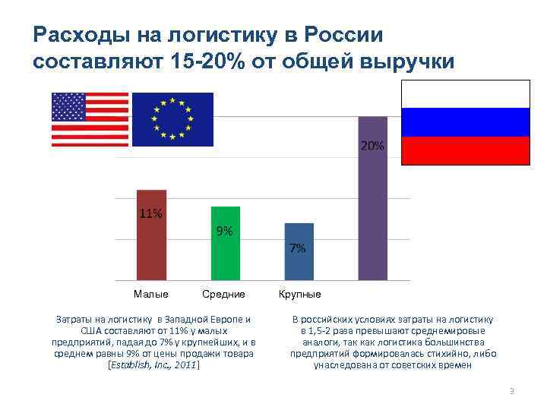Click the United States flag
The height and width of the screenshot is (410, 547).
coord(90,119)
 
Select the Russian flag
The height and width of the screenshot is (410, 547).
coord(465,122)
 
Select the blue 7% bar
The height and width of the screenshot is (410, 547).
coord(299,260)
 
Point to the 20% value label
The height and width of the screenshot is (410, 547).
coord(372,146)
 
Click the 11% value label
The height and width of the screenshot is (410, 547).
coord(150,213)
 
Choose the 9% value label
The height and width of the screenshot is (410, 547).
coord(225,231)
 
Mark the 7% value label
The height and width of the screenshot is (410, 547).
coord(299,248)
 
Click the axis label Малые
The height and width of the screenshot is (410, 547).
coord(150,294)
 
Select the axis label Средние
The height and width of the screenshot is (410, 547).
coord(224,294)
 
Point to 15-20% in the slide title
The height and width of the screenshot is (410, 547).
coord(210,61)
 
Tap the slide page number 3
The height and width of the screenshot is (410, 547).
coord(511,391)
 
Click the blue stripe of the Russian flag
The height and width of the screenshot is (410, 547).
coord(465,122)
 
